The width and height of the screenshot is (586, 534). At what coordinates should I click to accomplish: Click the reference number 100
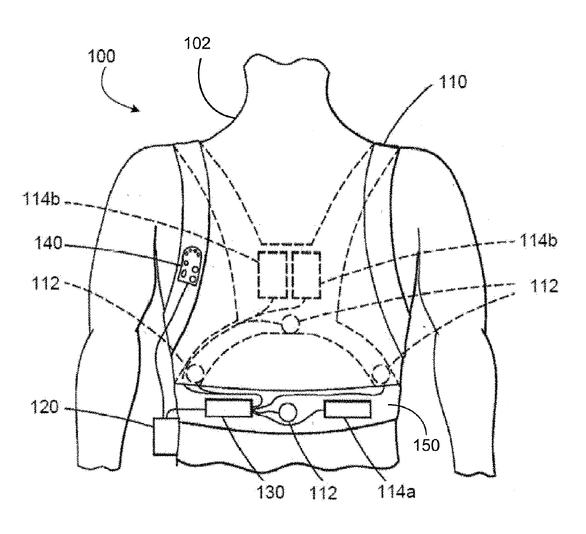pos(101,57)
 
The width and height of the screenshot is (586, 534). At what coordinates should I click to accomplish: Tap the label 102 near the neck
pos(197,43)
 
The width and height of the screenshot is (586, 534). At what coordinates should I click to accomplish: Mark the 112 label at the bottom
pos(323,492)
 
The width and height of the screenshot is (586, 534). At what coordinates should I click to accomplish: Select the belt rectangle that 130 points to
pos(228,407)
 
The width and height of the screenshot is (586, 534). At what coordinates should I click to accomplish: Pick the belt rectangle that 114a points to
pos(348,409)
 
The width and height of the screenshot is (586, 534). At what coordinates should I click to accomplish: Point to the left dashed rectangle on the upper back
pos(272,275)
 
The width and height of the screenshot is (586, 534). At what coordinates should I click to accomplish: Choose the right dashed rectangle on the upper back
pos(306,275)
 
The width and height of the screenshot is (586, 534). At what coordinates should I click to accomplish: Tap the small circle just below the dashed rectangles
pos(290,324)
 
